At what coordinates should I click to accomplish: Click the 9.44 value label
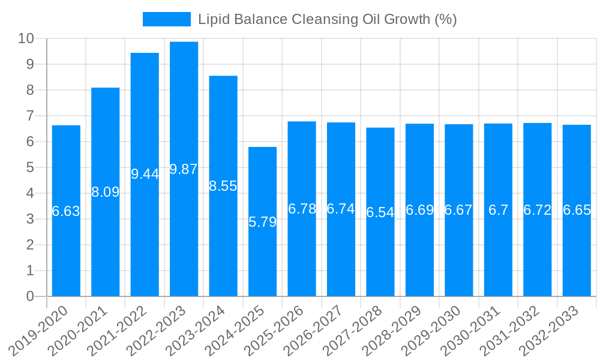[145, 174]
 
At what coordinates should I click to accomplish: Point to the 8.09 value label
[106, 192]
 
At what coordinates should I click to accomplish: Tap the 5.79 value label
[262, 222]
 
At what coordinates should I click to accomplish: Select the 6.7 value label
[498, 210]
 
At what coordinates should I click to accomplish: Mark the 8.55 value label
[223, 186]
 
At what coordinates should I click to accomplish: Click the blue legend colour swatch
[166, 19]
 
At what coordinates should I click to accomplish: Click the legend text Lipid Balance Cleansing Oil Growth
[328, 19]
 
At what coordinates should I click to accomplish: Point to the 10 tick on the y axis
[26, 38]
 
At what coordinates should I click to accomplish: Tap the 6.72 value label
[538, 210]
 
